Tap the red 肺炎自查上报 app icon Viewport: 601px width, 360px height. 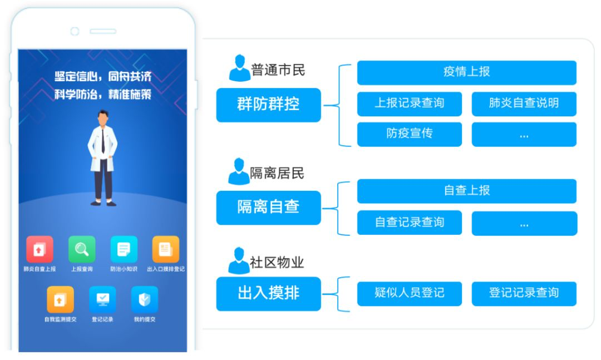pos(40,249)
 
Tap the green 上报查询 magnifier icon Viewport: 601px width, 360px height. pos(82,249)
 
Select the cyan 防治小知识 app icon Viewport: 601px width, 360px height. pos(124,249)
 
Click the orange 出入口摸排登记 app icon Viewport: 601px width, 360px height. pos(166,249)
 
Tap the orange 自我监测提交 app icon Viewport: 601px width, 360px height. pos(60,299)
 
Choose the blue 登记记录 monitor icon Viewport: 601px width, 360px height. pos(102,299)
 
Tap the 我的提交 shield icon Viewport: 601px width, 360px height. pos(145,299)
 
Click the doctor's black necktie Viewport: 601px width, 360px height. pos(103,142)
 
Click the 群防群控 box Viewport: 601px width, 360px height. pos(268,105)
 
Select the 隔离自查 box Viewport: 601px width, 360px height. pos(268,208)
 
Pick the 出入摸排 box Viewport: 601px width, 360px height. pos(268,293)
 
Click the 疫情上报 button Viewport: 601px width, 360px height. pos(466,72)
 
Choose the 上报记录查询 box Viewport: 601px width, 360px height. pos(409,103)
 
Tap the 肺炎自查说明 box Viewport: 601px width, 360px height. pos(524,103)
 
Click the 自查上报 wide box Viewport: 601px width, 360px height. pos(466,191)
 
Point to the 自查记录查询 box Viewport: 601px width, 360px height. pos(409,223)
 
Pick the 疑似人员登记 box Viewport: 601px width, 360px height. pos(409,293)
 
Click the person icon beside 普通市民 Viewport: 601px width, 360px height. pos(239,68)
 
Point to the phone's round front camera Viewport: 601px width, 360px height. pos(75,31)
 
